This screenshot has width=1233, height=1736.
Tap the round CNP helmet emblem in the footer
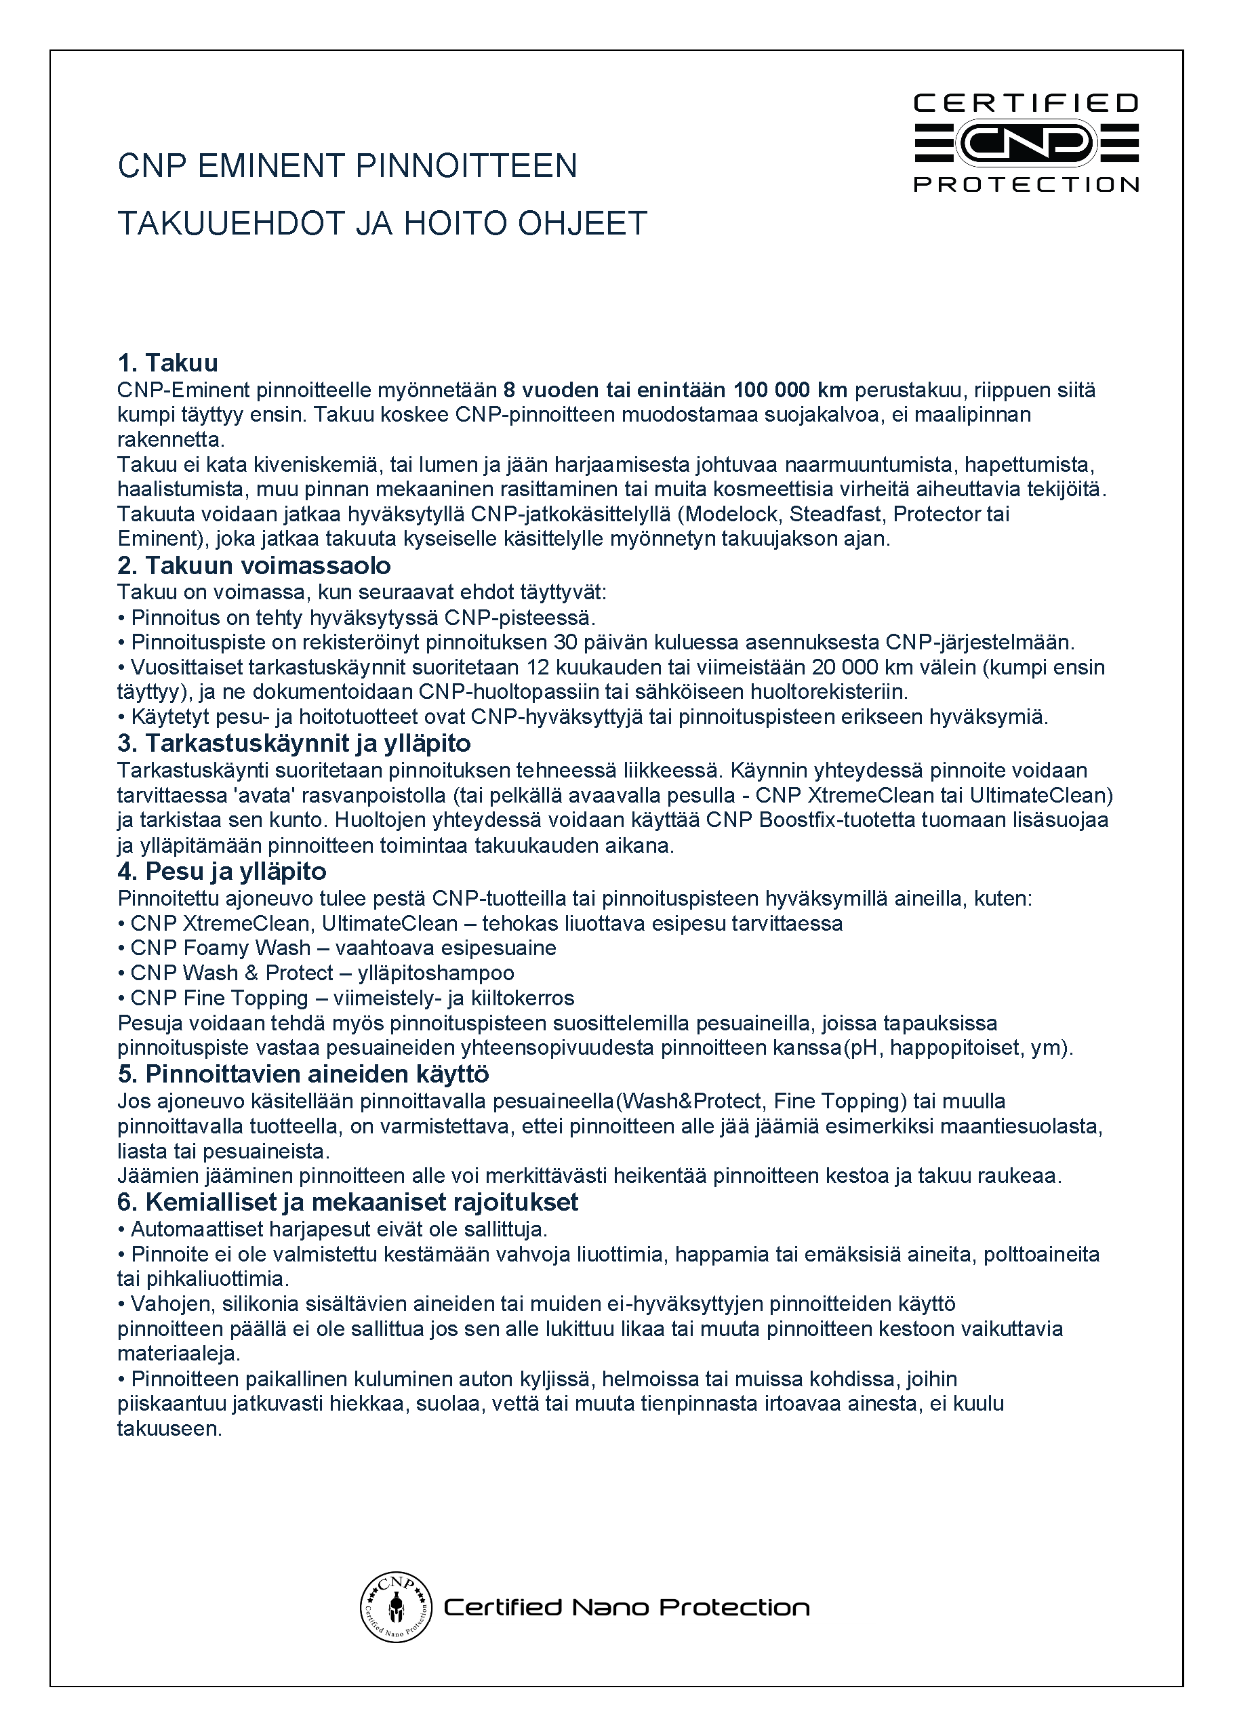tap(396, 1607)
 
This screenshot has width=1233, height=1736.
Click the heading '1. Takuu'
tap(168, 363)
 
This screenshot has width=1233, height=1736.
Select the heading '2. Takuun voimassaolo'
tap(254, 565)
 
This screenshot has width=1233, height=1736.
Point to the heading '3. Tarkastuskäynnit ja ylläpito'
tap(294, 743)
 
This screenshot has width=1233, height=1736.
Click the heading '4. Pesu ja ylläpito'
tap(222, 872)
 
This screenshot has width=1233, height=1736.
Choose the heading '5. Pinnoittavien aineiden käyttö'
tap(303, 1074)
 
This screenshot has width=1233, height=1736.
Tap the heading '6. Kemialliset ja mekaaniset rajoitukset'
tap(347, 1203)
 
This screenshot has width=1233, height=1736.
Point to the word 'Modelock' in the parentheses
tap(734, 514)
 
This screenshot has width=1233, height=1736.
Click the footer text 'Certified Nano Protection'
tap(626, 1608)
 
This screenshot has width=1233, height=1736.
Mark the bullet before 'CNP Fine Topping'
tap(121, 999)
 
